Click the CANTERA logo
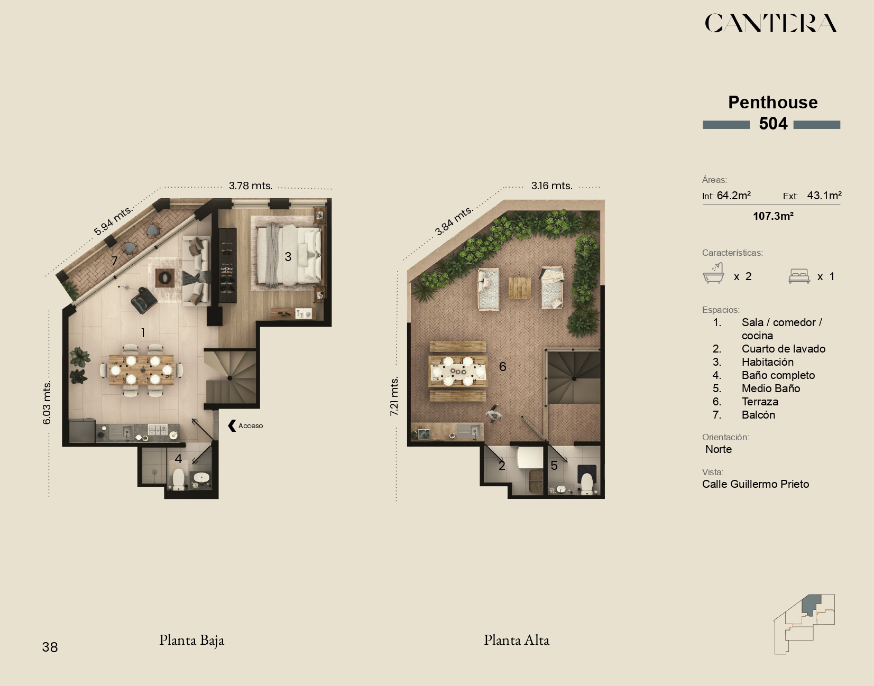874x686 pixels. click(x=771, y=23)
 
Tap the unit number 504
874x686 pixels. click(x=773, y=124)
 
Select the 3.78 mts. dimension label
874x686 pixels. click(x=251, y=186)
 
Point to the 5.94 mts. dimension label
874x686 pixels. click(x=113, y=220)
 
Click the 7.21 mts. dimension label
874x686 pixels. click(x=394, y=396)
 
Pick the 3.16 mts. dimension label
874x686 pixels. click(x=551, y=186)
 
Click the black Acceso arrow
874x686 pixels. click(x=232, y=425)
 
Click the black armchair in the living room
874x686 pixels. click(x=144, y=300)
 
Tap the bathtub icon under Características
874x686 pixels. click(x=713, y=273)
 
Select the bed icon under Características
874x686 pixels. click(x=799, y=276)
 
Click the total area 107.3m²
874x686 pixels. click(x=773, y=216)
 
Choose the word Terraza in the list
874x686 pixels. click(x=760, y=402)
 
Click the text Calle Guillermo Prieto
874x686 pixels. click(x=756, y=484)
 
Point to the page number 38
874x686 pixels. click(x=50, y=647)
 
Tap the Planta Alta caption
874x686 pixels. click(x=517, y=640)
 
